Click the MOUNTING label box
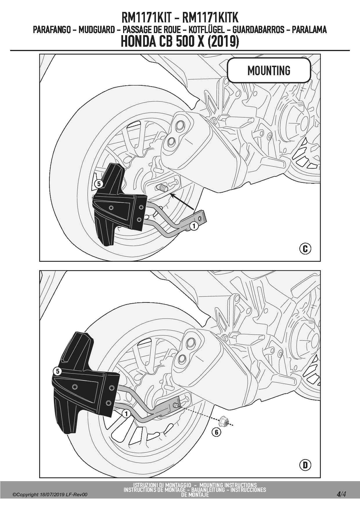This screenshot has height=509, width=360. (269, 70)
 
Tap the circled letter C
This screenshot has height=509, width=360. (305, 249)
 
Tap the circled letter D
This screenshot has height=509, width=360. (305, 465)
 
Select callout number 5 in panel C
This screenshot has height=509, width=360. (99, 184)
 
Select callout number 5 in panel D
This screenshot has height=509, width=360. (57, 371)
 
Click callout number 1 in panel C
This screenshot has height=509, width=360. (194, 226)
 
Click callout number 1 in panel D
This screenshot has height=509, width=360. (126, 414)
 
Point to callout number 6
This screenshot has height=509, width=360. (216, 432)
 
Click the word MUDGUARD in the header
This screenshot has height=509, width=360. (96, 30)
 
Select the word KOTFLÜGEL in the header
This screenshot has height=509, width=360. (206, 30)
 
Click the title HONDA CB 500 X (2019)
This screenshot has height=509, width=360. (180, 41)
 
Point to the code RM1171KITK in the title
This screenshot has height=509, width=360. (210, 18)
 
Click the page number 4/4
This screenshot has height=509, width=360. (341, 494)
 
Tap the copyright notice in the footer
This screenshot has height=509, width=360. (50, 494)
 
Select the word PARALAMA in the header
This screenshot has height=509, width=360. (309, 30)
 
